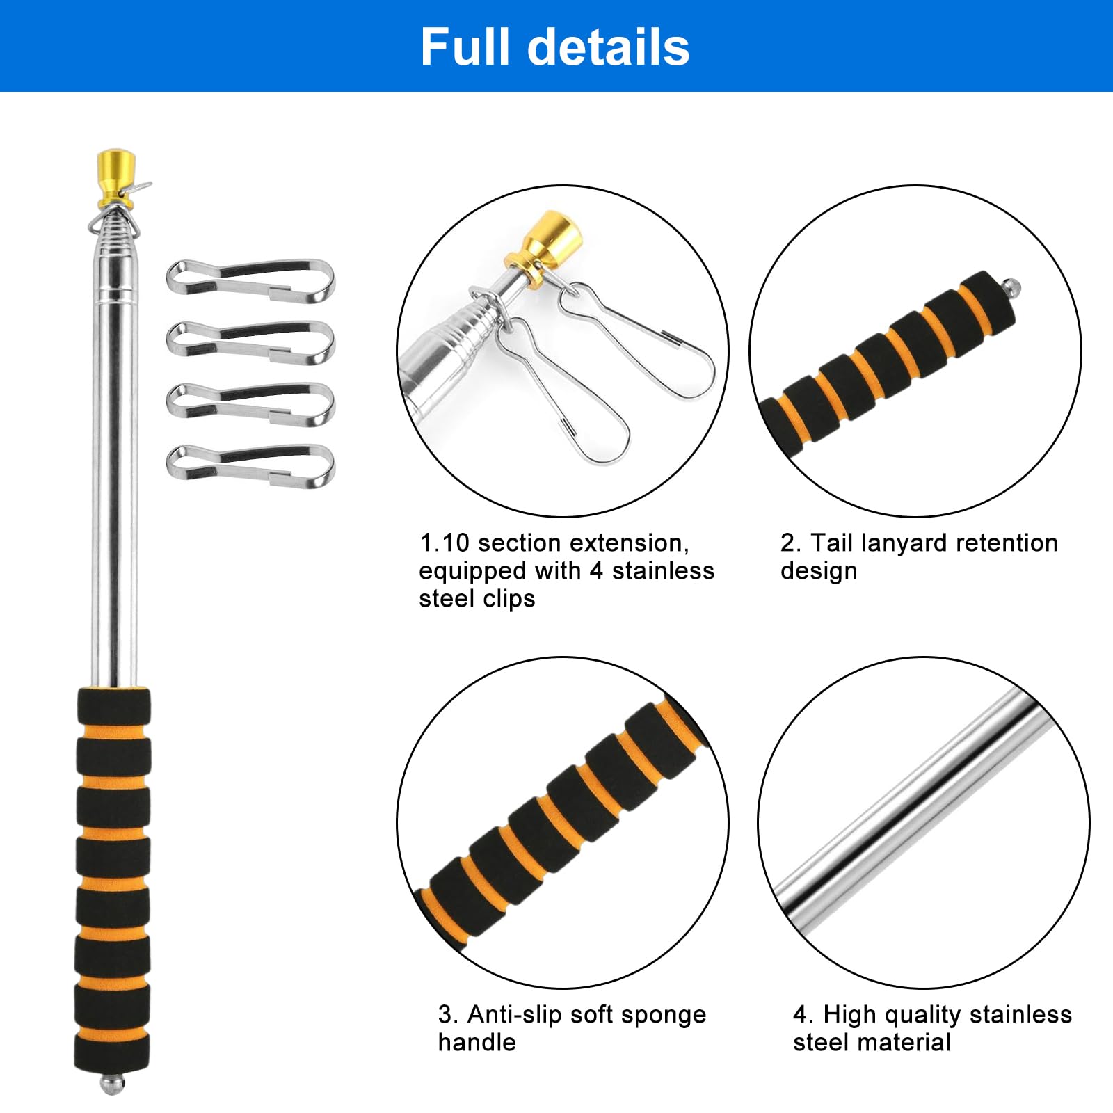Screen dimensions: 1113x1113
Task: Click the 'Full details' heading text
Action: click(555, 47)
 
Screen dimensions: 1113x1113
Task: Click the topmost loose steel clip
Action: click(251, 280)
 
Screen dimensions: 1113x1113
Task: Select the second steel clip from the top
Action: click(251, 342)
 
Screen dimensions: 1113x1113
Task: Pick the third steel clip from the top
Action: click(251, 403)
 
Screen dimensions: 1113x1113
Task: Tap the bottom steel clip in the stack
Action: click(251, 465)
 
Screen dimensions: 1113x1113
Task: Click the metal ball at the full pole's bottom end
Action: click(113, 1084)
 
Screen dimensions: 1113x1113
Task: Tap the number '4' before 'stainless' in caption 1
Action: click(596, 571)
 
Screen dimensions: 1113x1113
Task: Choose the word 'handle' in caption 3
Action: click(477, 1042)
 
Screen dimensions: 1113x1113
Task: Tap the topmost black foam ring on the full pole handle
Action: click(113, 706)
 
